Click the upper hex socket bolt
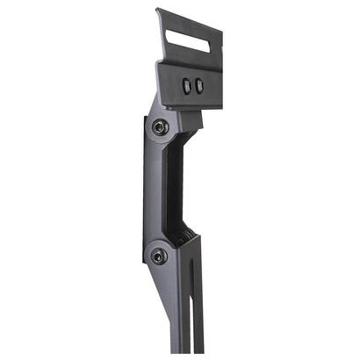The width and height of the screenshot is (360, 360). (160, 127)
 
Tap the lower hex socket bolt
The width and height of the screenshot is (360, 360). (159, 256)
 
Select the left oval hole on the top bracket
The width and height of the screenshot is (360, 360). (186, 85)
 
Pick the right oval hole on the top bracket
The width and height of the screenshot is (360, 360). (199, 85)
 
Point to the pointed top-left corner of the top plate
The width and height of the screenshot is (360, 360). (158, 11)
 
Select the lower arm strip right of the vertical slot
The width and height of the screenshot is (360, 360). (198, 307)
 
